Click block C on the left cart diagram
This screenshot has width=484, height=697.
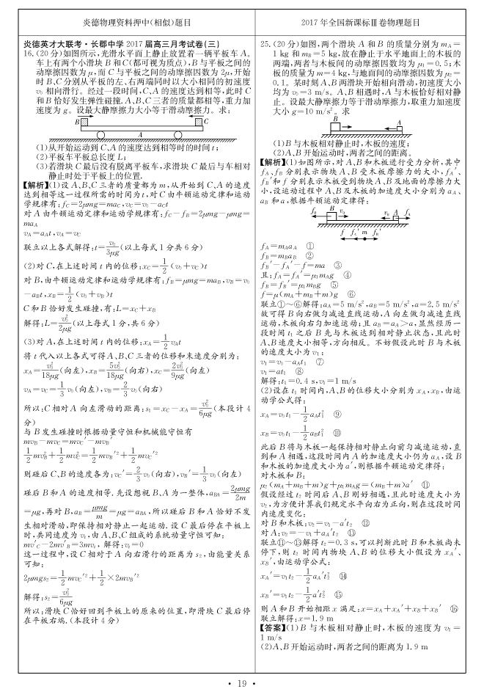(199, 122)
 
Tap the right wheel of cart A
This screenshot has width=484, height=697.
(178, 136)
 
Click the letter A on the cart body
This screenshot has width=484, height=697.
(139, 134)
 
